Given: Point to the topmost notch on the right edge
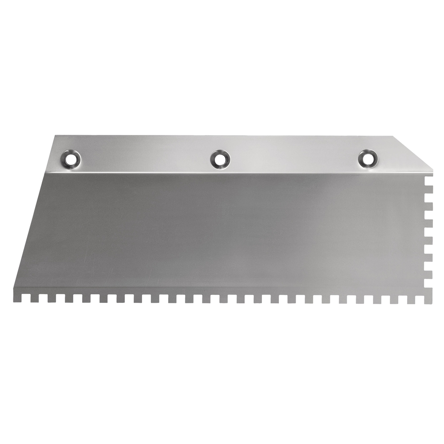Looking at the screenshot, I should point(429,179).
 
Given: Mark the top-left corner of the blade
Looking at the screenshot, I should point(55,136).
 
